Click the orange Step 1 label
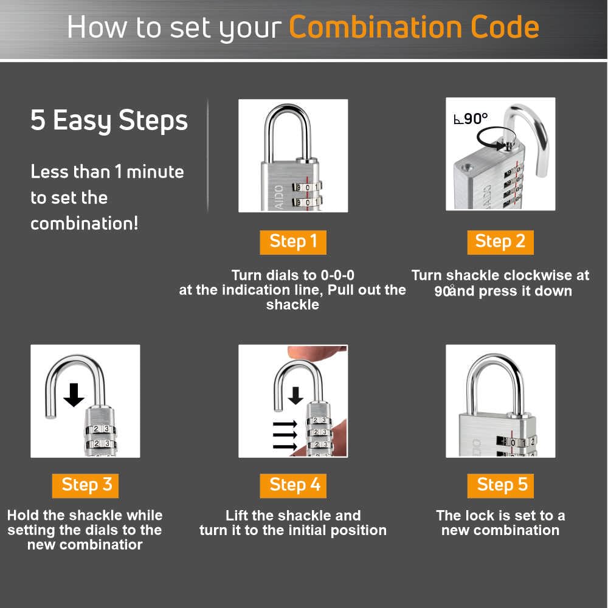[293, 243]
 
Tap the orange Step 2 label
[500, 243]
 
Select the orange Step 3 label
[85, 485]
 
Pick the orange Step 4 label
[293, 485]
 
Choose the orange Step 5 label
[500, 485]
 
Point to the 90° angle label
[471, 119]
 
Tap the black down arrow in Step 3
[74, 395]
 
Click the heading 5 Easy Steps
[109, 120]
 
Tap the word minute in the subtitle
[155, 172]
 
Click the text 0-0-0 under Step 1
[337, 275]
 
